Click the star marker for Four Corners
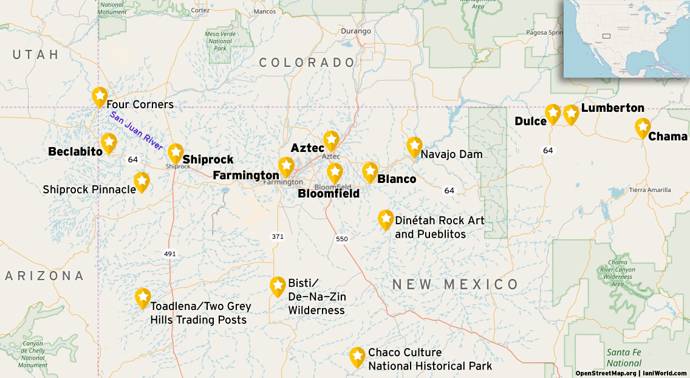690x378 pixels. (100, 96)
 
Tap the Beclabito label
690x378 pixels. (75, 151)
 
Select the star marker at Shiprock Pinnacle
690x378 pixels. (142, 180)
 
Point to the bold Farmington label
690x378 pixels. (246, 176)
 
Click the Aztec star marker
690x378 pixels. (331, 140)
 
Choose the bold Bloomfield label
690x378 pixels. (329, 194)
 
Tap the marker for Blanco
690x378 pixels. (370, 171)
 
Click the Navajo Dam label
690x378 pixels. (451, 154)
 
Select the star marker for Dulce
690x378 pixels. (553, 113)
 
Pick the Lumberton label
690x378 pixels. (612, 108)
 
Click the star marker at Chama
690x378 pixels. (643, 127)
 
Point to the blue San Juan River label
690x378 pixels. (137, 131)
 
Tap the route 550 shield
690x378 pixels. (342, 239)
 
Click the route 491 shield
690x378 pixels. (169, 254)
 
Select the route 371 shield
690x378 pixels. (278, 236)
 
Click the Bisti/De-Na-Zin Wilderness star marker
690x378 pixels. (278, 285)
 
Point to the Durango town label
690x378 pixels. (355, 31)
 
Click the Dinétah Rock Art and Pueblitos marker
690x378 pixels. (385, 219)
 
